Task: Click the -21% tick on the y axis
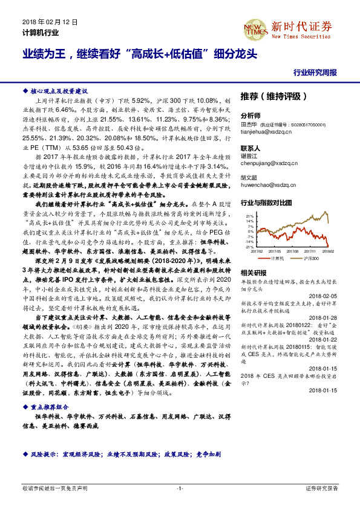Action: (x=249, y=247)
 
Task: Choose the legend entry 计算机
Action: (x=277, y=258)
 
